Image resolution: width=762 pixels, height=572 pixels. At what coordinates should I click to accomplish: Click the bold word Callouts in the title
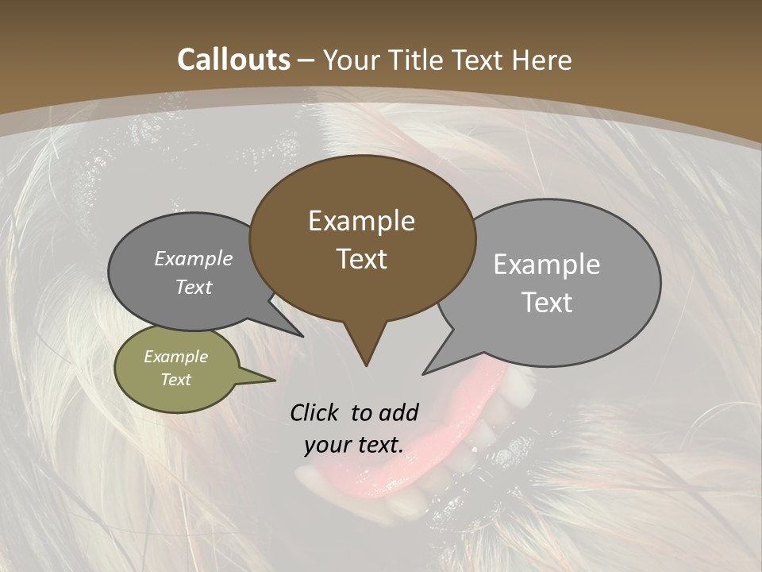pyautogui.click(x=233, y=60)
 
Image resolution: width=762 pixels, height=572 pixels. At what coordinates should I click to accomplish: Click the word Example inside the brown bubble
pyautogui.click(x=361, y=221)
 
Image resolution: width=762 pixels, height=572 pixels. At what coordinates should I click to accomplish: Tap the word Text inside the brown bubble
pyautogui.click(x=361, y=259)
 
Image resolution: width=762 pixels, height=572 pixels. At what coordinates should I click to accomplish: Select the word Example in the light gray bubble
pyautogui.click(x=546, y=265)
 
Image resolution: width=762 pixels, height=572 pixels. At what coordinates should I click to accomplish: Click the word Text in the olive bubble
pyautogui.click(x=176, y=380)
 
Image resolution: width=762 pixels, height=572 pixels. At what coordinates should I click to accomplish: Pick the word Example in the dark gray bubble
pyautogui.click(x=193, y=259)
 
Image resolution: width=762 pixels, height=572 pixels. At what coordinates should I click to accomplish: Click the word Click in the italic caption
pyautogui.click(x=315, y=412)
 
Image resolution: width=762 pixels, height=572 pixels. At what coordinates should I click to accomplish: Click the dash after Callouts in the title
pyautogui.click(x=306, y=60)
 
